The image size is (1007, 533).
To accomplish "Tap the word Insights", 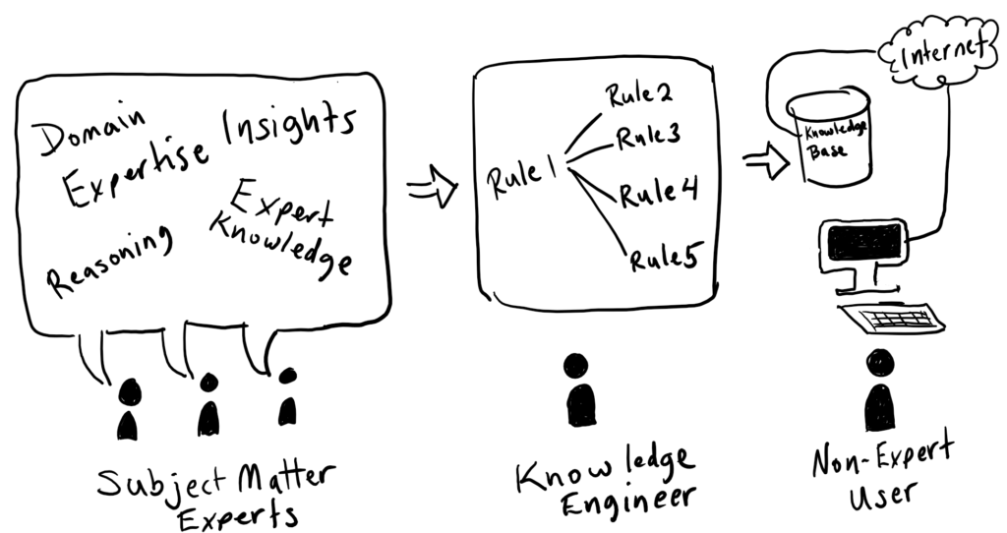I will pos(286,126).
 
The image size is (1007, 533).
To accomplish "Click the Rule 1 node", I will pos(520,178).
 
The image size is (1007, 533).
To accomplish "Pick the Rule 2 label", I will pos(638,96).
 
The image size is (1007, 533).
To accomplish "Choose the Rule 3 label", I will pos(649,137).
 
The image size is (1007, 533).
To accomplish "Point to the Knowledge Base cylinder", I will pos(832,138).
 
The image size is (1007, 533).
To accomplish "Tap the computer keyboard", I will pos(891,319).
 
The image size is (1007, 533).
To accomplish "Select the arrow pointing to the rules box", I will pos(433,186).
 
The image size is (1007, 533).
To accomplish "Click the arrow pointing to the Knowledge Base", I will pos(767,160).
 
